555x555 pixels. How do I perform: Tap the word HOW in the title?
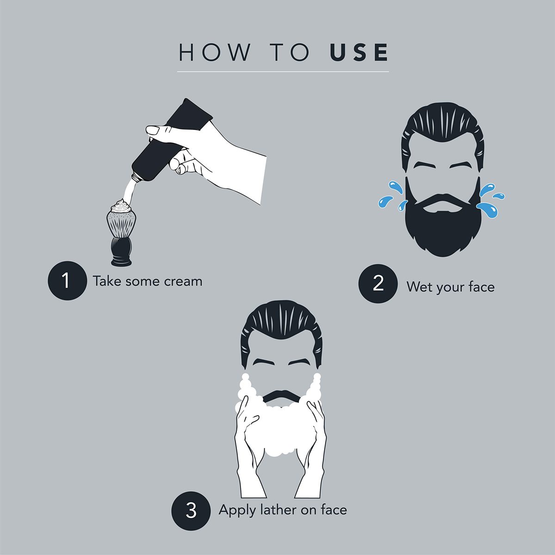pos(214,52)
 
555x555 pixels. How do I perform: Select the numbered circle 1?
pos(67,280)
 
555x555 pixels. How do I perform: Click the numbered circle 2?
pos(378,284)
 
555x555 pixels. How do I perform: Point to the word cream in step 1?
pos(183,282)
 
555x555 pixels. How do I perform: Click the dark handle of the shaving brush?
pos(122,250)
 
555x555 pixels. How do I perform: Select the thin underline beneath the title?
pos(283,71)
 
